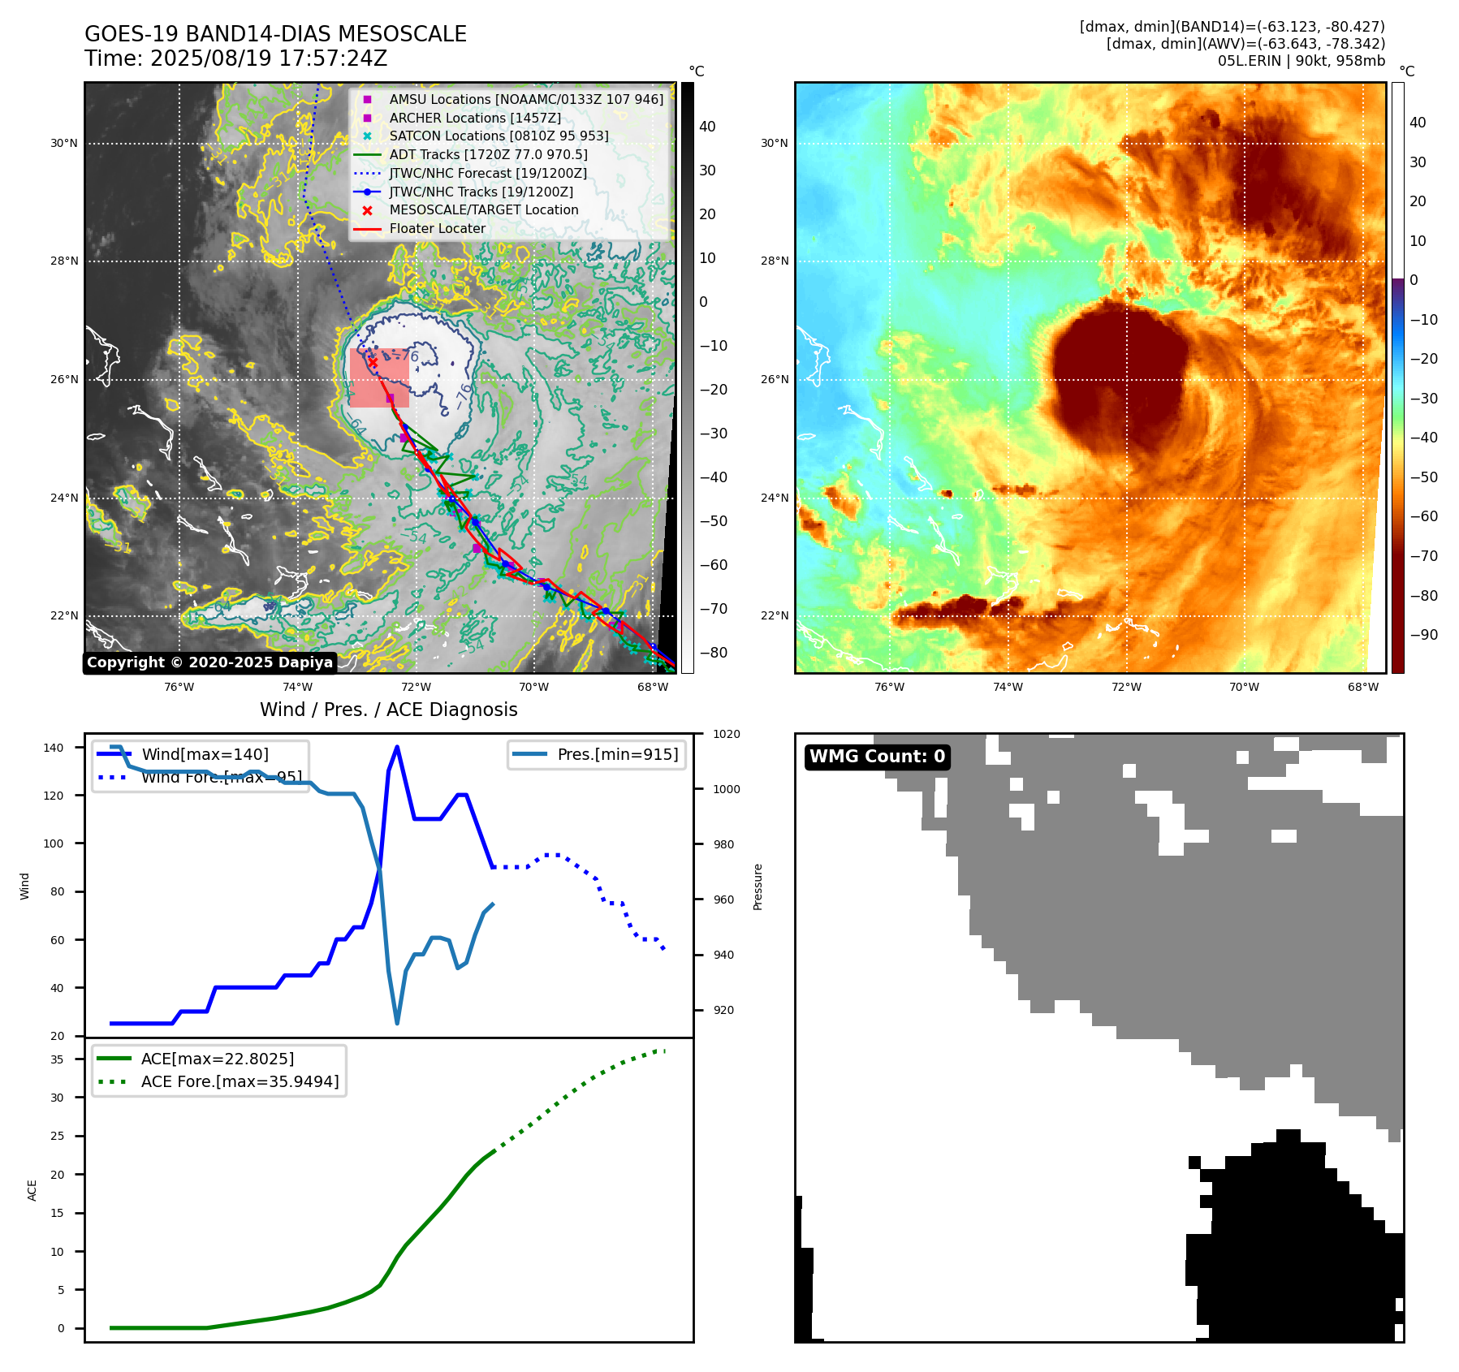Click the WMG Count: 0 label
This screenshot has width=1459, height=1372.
877,757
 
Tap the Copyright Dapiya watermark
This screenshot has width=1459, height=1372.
209,662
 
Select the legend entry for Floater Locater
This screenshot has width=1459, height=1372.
437,229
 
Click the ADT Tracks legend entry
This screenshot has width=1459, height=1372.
488,154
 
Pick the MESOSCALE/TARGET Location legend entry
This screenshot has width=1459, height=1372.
483,210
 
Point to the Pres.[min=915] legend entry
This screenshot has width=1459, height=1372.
617,754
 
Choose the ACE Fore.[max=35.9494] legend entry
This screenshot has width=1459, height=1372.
240,1081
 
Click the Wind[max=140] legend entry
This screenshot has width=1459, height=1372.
205,754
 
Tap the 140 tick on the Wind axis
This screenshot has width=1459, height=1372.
54,748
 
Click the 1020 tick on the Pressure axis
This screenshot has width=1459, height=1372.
726,735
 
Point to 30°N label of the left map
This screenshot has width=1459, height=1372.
64,144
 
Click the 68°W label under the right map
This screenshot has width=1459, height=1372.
1362,688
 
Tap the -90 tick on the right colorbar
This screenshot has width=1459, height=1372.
1423,635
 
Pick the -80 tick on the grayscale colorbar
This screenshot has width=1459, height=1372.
714,653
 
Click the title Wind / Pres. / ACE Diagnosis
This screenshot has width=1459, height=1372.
388,710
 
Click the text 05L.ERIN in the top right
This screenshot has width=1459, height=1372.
1250,61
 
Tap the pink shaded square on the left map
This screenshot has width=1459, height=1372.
379,378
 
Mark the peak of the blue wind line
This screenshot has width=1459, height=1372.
397,747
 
